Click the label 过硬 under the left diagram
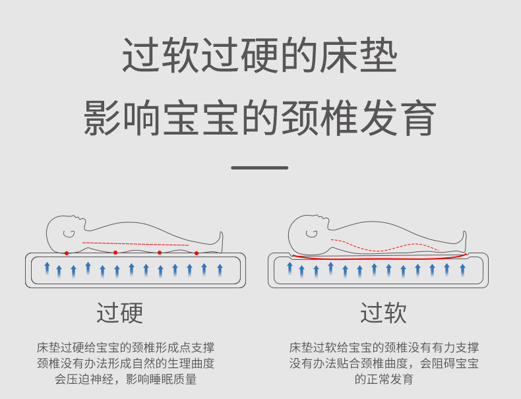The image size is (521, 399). [x=120, y=313]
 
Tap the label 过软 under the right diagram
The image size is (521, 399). [x=383, y=313]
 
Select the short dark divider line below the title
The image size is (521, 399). [x=260, y=168]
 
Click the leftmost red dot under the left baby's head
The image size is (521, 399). [x=67, y=253]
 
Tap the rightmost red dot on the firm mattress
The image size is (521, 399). [x=197, y=253]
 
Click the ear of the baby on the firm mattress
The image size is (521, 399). [x=69, y=233]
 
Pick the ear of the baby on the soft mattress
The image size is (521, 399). [x=311, y=233]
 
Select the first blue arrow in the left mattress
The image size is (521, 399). [x=47, y=268]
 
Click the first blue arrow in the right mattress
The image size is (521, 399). [x=290, y=268]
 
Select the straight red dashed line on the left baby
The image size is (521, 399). [x=138, y=244]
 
